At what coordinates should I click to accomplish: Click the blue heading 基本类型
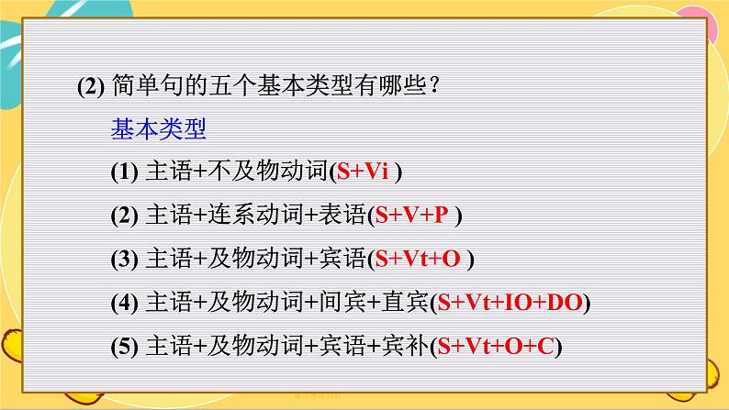pos(158,128)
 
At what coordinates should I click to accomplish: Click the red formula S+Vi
pos(362,172)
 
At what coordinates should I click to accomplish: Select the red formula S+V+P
pos(411,215)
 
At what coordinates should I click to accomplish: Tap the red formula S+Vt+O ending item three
pos(418,259)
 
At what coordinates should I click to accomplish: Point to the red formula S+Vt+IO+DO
pos(510,303)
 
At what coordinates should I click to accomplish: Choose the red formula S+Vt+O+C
pos(496,346)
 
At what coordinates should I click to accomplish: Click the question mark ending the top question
pos(435,85)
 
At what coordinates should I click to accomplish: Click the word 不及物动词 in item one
pos(268,171)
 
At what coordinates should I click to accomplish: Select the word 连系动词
pos(255,215)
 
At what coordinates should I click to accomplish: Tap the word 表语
pos(342,215)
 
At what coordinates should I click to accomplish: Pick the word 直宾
pos(405,302)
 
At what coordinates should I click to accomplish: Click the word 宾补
pos(405,346)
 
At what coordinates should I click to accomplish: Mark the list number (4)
pos(124,303)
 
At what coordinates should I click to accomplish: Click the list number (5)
pos(124,347)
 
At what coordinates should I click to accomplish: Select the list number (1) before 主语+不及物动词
pos(124,172)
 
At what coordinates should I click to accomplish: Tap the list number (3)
pos(124,259)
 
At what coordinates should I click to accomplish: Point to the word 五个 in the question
pos(232,85)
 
